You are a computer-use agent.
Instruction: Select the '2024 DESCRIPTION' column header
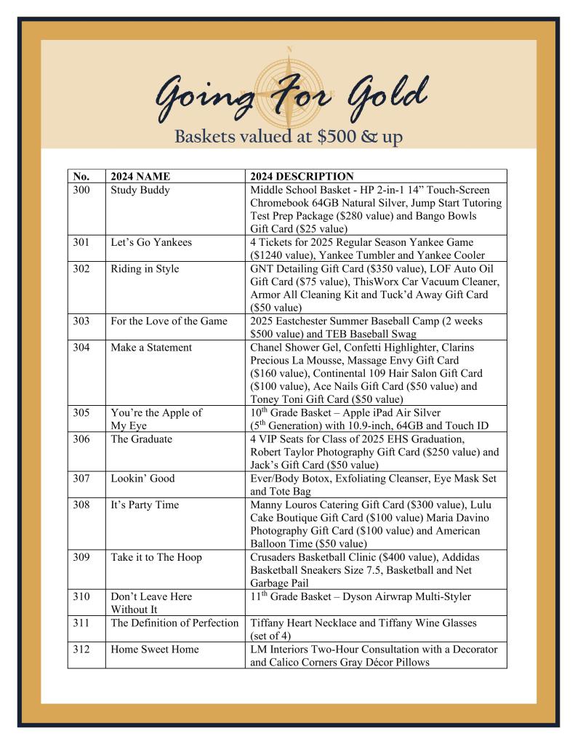(302, 176)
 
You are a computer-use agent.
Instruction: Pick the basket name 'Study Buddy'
(140, 190)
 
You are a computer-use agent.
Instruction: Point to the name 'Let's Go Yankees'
(151, 242)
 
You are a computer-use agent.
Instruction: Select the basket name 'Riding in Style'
(145, 268)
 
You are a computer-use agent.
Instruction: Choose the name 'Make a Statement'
(151, 347)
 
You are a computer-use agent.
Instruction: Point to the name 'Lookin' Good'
(142, 478)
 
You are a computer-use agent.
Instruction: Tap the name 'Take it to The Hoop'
(156, 557)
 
